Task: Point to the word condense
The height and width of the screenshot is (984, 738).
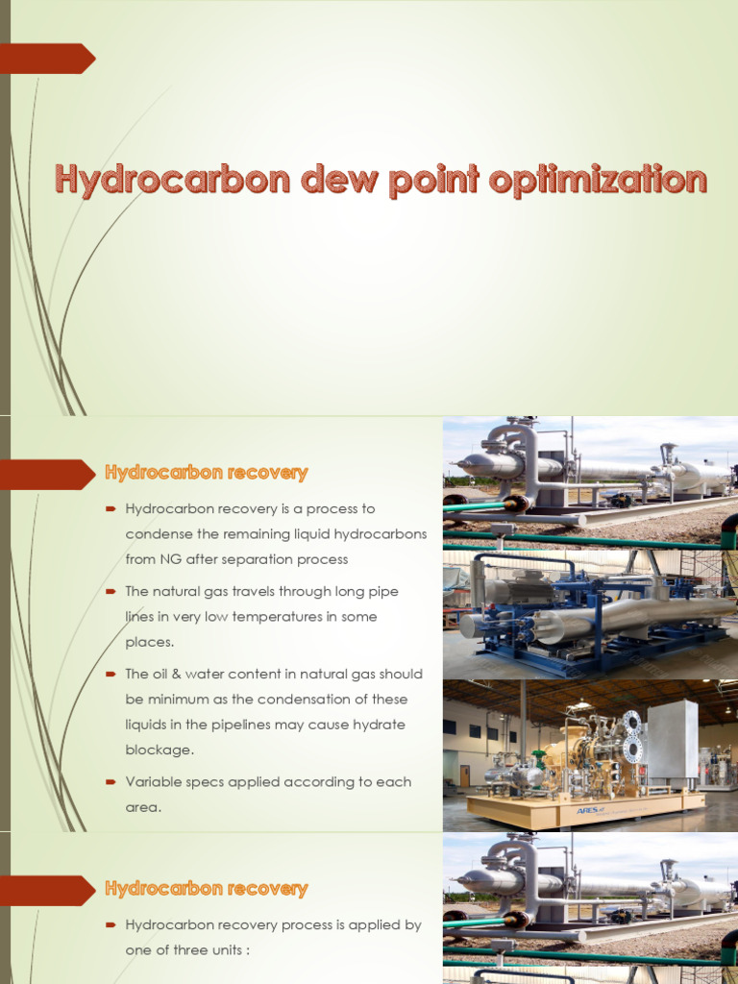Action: click(x=159, y=534)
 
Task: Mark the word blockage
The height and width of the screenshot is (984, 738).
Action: click(x=160, y=750)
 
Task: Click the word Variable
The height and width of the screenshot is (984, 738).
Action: click(x=153, y=782)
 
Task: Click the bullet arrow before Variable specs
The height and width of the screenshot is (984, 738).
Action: click(x=111, y=782)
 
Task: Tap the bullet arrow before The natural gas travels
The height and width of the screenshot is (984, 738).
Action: click(x=111, y=592)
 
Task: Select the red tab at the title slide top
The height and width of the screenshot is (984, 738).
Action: click(x=46, y=59)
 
